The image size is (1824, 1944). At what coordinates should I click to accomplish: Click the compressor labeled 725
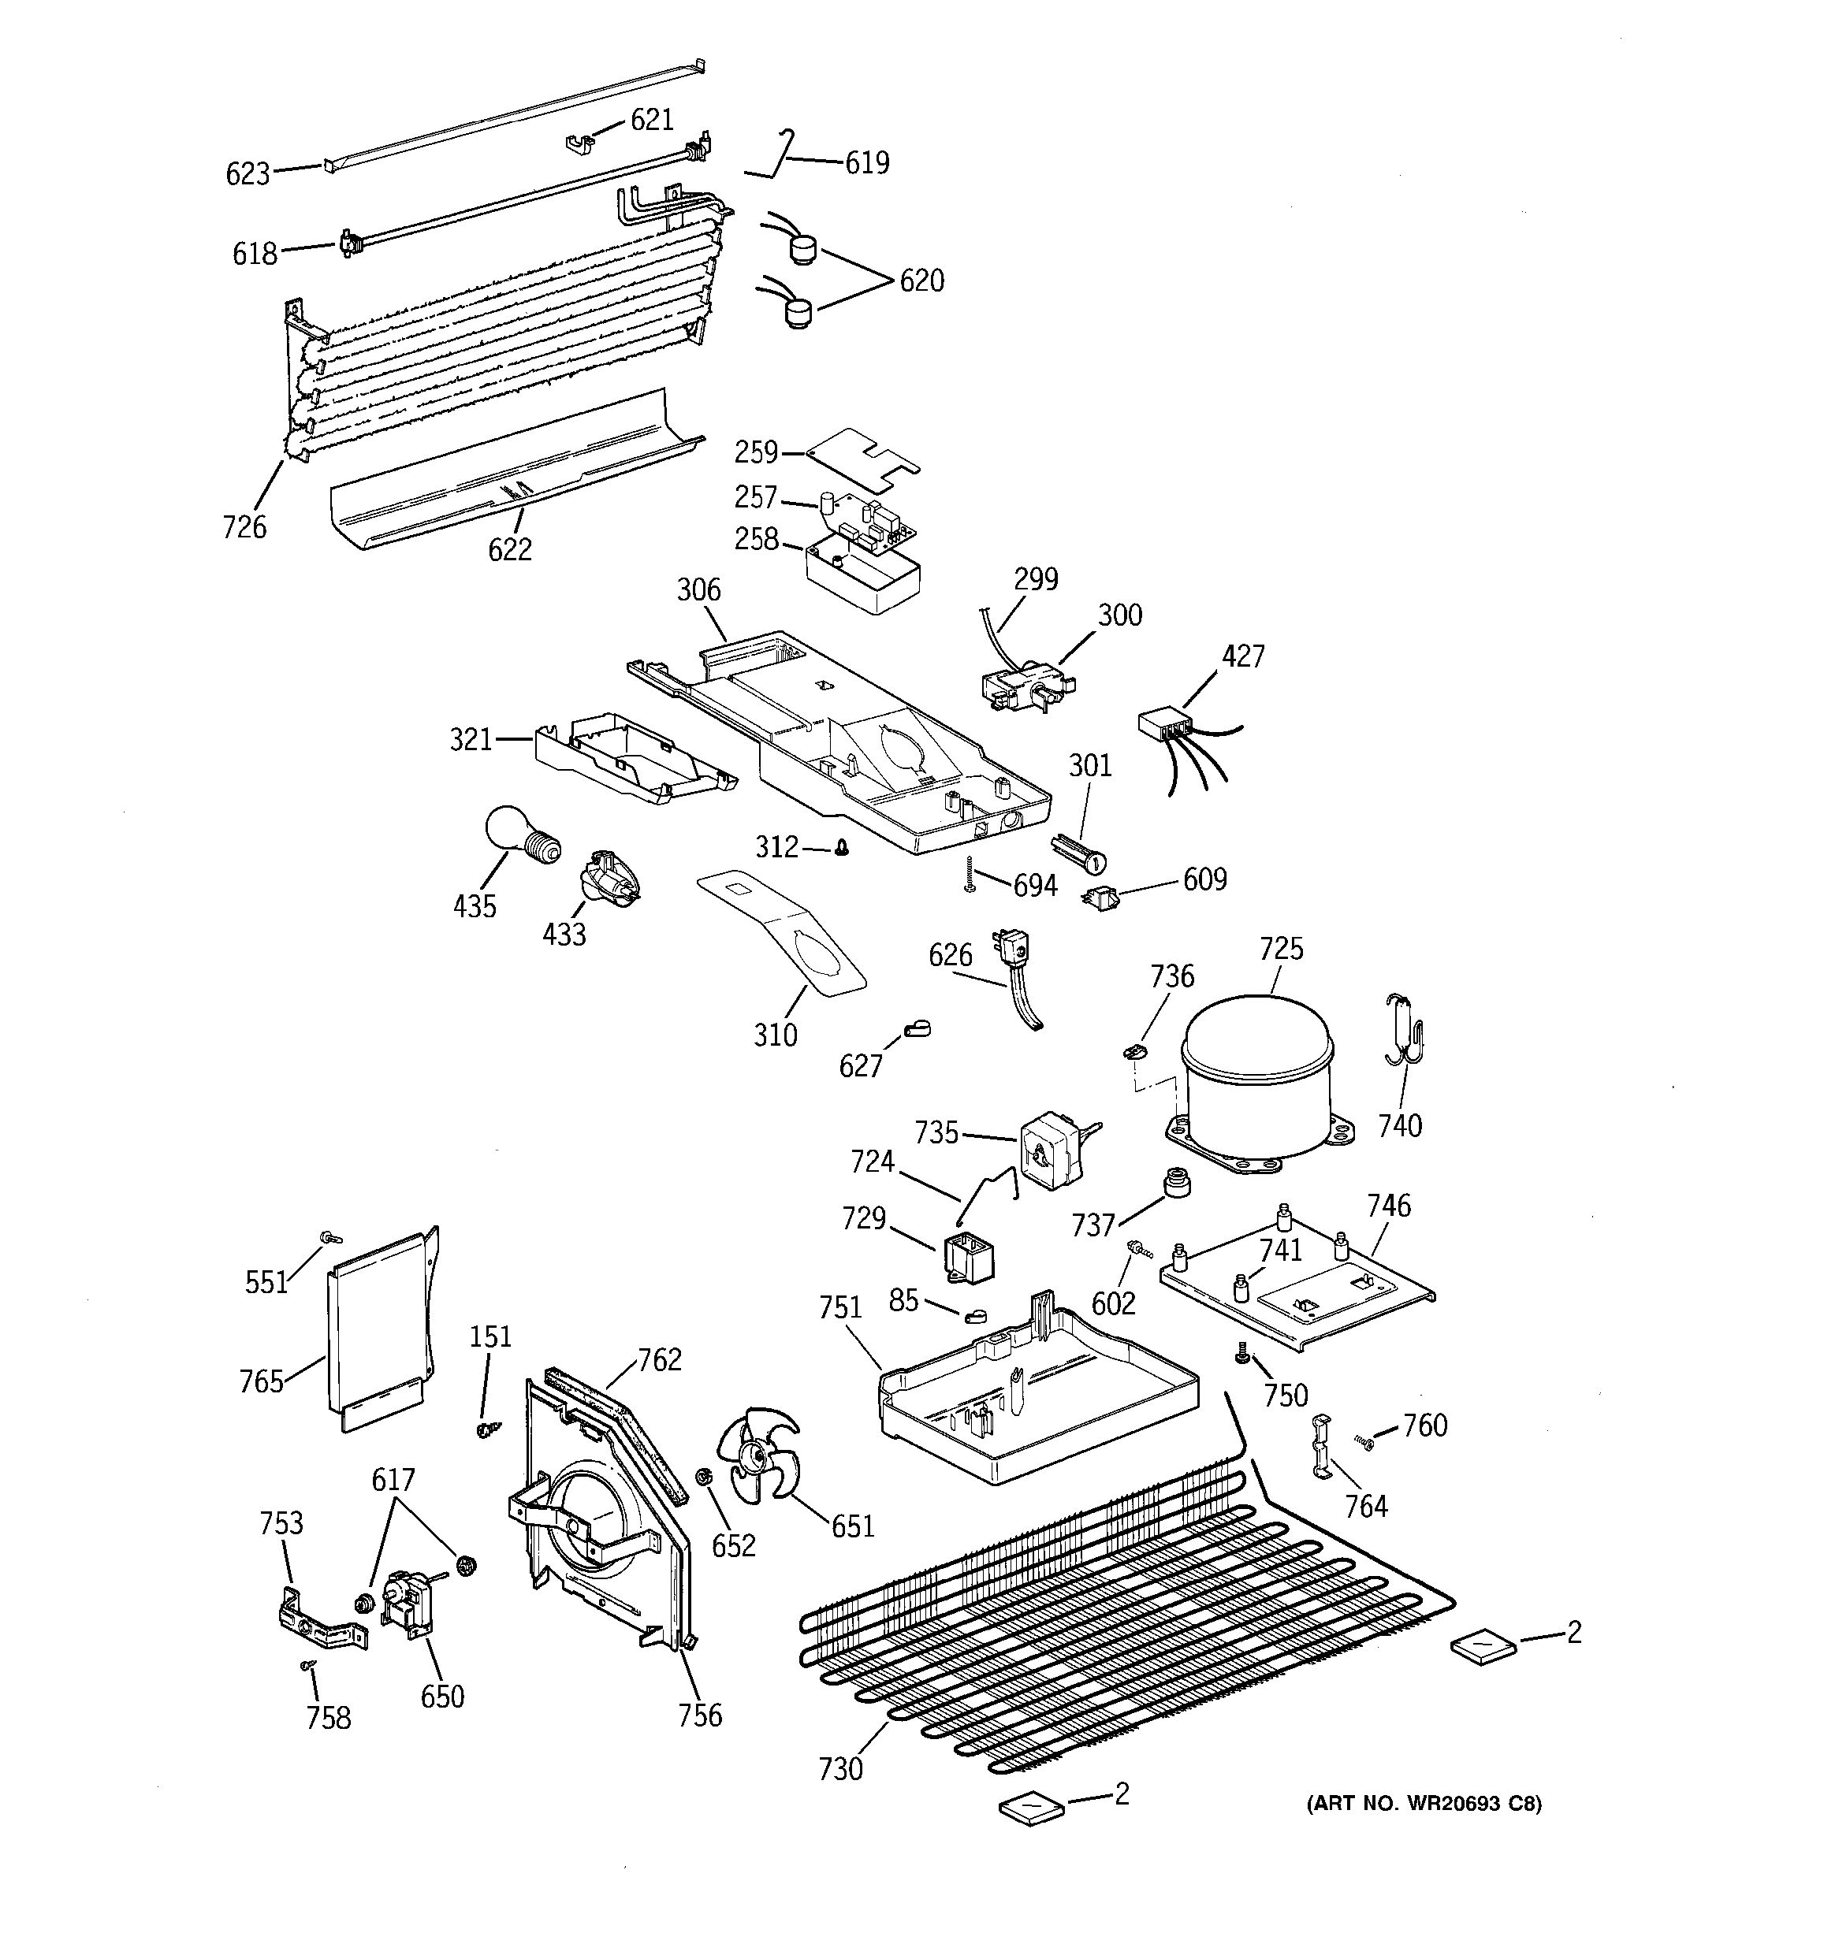1256,1080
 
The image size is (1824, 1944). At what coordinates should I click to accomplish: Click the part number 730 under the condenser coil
841,1768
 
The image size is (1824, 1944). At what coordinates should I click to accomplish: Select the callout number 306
698,589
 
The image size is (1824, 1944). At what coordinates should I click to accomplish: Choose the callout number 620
921,281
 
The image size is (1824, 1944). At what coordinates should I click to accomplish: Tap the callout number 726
244,527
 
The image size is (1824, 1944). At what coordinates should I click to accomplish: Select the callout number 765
261,1381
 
